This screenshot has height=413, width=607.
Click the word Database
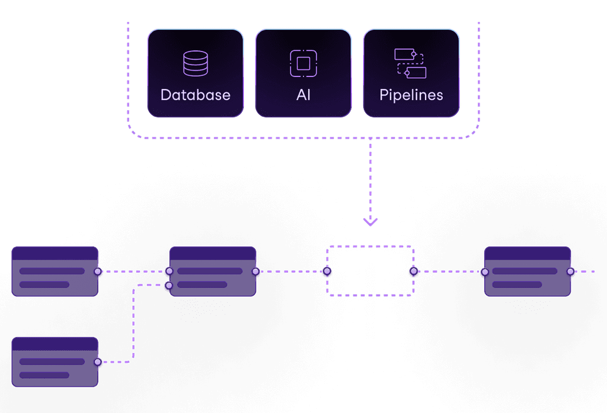pyautogui.click(x=195, y=95)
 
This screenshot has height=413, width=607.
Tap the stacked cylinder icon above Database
pyautogui.click(x=195, y=63)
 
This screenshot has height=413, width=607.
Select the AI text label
pyautogui.click(x=303, y=95)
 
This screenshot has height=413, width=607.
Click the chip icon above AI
pyautogui.click(x=303, y=63)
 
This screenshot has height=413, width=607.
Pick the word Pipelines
pyautogui.click(x=411, y=95)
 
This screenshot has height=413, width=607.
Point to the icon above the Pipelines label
pyautogui.click(x=410, y=63)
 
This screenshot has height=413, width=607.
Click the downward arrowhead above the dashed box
pyautogui.click(x=370, y=222)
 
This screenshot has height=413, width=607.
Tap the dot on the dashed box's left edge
pyautogui.click(x=327, y=271)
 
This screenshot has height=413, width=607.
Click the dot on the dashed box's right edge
pyautogui.click(x=414, y=271)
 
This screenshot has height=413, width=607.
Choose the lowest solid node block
pyautogui.click(x=55, y=361)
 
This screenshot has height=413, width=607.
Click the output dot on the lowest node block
pyautogui.click(x=98, y=361)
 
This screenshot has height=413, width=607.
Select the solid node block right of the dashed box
pyautogui.click(x=527, y=271)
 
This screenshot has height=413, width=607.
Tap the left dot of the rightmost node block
pyautogui.click(x=484, y=272)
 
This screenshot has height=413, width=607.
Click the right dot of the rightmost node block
pyautogui.click(x=570, y=271)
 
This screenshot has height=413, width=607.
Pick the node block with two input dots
pyautogui.click(x=212, y=271)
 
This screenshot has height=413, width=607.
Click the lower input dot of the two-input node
pyautogui.click(x=169, y=285)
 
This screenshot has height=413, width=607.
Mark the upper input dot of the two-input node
pyautogui.click(x=169, y=271)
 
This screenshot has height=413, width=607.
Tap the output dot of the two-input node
pyautogui.click(x=255, y=271)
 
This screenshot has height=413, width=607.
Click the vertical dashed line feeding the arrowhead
pyautogui.click(x=370, y=178)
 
